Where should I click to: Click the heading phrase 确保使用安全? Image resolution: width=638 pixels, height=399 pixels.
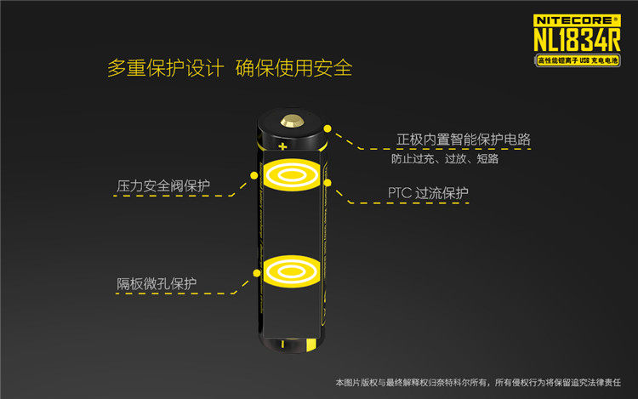click(293, 69)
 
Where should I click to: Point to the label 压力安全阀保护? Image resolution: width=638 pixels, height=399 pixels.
click(163, 185)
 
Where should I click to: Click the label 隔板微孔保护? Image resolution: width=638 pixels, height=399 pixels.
click(157, 283)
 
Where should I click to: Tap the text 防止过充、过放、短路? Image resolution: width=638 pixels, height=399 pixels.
click(445, 159)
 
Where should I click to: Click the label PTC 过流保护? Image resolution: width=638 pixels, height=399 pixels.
click(428, 193)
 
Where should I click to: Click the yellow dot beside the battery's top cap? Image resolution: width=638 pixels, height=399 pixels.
click(327, 124)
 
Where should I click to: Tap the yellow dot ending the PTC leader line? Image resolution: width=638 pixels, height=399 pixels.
click(328, 180)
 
